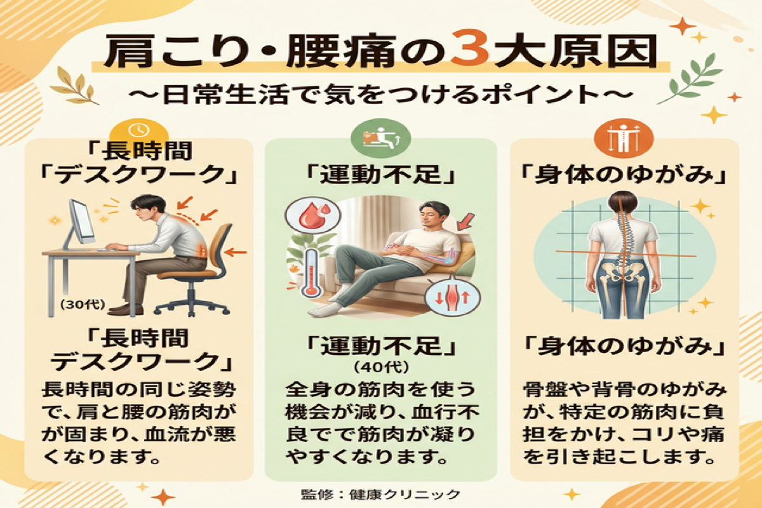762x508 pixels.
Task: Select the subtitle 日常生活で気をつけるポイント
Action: [381, 97]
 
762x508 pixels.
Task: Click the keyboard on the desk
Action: [121, 249]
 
